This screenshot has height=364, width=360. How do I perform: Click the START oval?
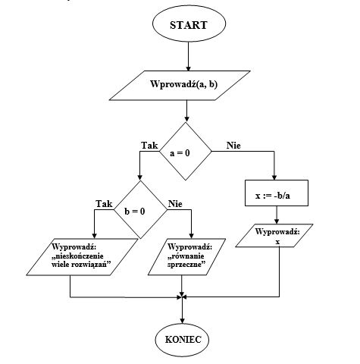click(x=189, y=24)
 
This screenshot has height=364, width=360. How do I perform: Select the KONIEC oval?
click(x=182, y=340)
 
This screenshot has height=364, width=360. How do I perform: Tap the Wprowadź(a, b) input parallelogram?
click(x=180, y=86)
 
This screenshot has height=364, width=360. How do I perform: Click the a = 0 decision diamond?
click(x=186, y=151)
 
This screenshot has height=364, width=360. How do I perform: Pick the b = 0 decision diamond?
click(x=140, y=209)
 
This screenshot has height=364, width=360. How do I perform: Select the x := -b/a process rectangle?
click(x=277, y=193)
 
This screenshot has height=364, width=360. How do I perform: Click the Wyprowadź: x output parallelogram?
click(x=274, y=235)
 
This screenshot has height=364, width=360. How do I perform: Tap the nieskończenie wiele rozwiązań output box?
click(x=83, y=257)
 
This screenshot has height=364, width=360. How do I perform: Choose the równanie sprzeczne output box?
click(x=186, y=257)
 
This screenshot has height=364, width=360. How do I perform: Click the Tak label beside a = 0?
click(x=149, y=146)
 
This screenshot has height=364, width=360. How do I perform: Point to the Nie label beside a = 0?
click(x=233, y=146)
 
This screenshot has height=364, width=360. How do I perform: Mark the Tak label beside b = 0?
click(x=104, y=204)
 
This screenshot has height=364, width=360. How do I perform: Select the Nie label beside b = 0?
click(x=175, y=204)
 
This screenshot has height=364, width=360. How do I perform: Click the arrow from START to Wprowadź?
click(x=188, y=56)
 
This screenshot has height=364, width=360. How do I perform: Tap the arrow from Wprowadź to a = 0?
click(x=186, y=111)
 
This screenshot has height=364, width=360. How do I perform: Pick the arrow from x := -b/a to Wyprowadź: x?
click(x=277, y=215)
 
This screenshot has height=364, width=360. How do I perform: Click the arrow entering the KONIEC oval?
click(x=182, y=310)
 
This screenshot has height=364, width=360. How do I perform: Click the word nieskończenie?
click(x=79, y=256)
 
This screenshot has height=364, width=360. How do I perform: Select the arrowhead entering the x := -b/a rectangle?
click(x=274, y=177)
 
